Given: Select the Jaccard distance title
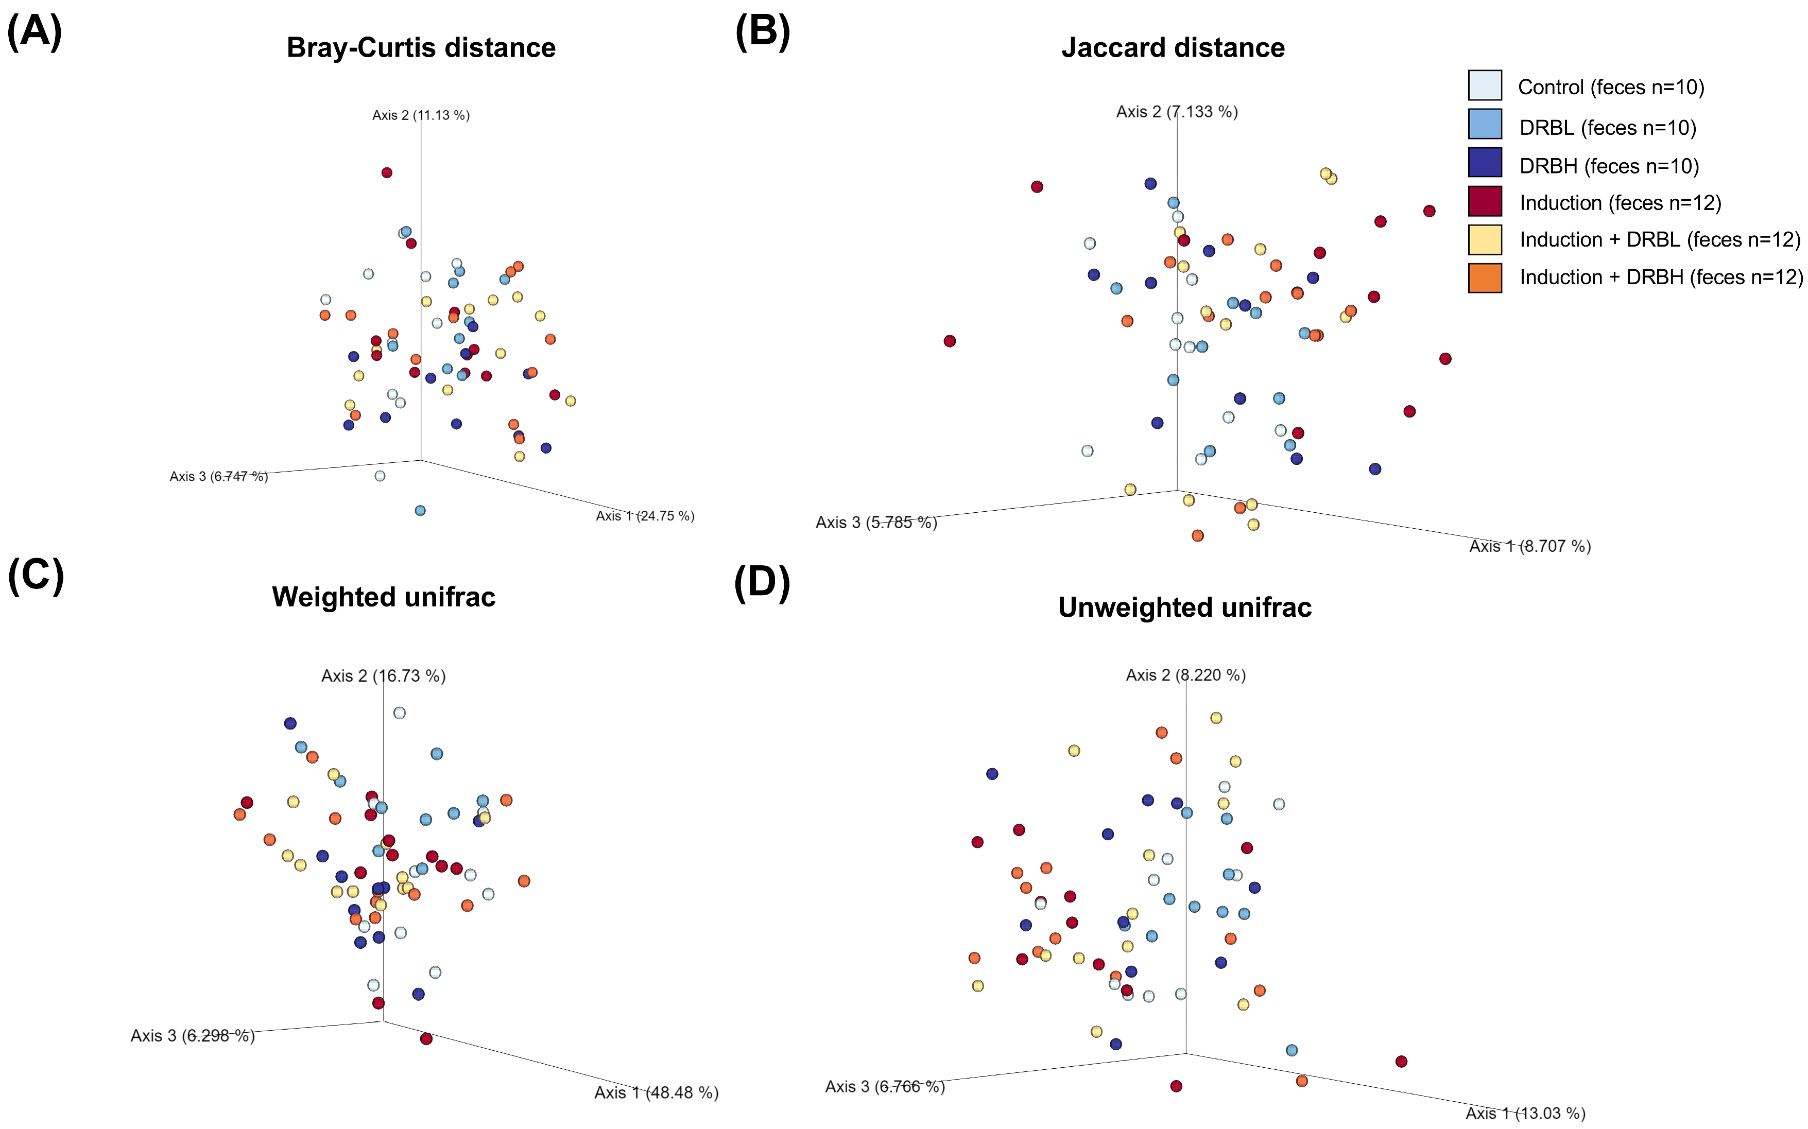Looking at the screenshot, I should coord(1173,48).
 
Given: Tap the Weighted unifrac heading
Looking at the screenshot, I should coord(383,597).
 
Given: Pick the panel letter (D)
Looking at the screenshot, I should coord(762,582).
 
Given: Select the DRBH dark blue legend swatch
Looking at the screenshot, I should coord(1484,163).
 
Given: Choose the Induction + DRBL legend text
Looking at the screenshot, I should coord(1659,240).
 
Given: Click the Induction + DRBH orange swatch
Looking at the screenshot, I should coord(1484,278).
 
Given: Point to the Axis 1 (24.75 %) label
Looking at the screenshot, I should coord(645,516).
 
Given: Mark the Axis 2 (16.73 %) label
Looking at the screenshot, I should coord(383,676).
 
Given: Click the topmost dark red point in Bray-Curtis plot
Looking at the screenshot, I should coord(387,172).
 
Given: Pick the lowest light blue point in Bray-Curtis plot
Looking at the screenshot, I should coord(420,511).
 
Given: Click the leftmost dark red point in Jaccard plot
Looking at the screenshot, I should coord(949,341).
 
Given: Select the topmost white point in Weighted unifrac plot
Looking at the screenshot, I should coord(400,713).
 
